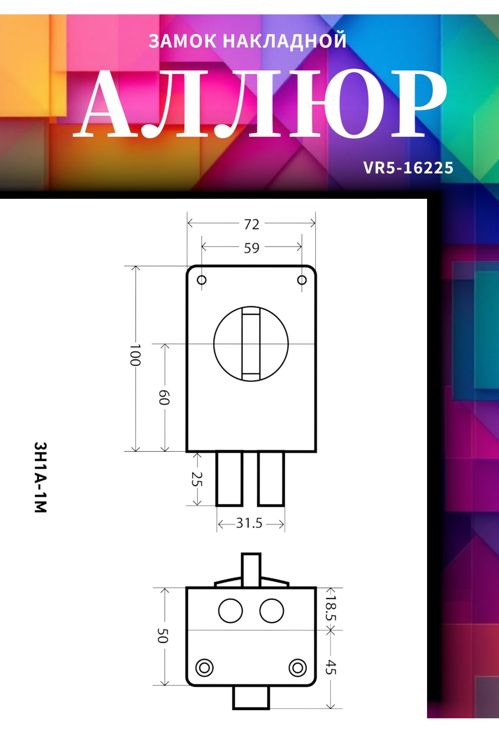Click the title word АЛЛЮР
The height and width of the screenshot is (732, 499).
tap(260, 104)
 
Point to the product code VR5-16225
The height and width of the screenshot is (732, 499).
tap(408, 168)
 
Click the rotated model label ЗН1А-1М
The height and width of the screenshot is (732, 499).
tap(40, 477)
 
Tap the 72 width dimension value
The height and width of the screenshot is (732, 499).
tap(252, 224)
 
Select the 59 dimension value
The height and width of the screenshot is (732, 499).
tap(252, 248)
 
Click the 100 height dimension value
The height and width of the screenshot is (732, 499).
tap(135, 355)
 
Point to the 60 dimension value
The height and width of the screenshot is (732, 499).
tap(164, 398)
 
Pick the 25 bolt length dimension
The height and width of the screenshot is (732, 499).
tap(196, 479)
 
